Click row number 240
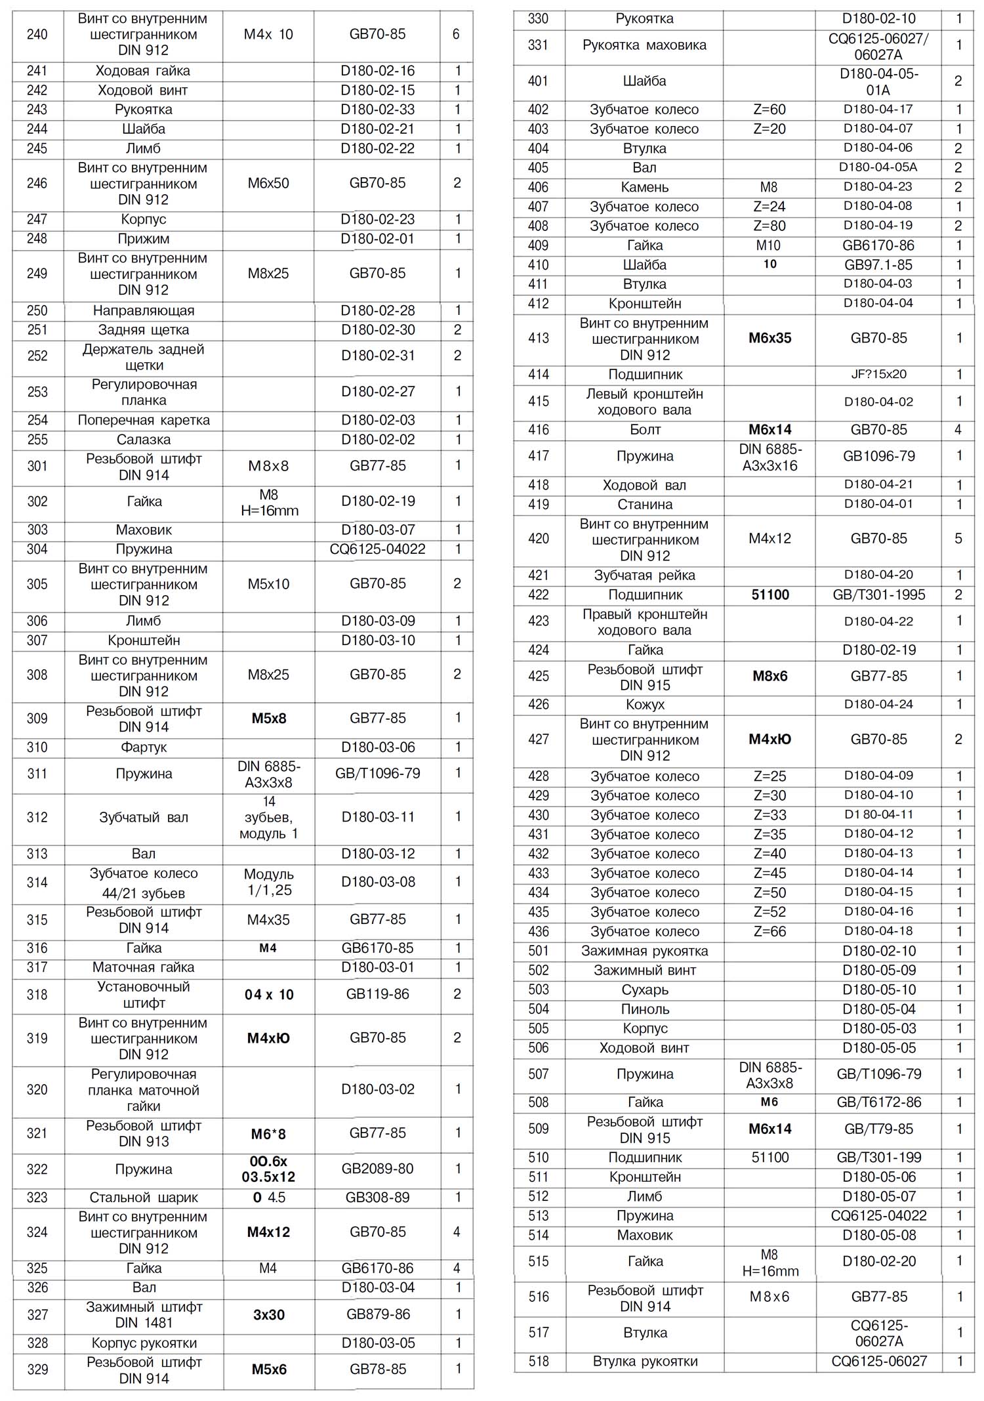click(37, 34)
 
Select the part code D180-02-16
click(377, 71)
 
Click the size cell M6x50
click(268, 183)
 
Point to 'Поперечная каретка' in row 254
click(144, 420)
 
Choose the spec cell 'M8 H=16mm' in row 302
click(269, 502)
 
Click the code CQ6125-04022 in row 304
click(377, 549)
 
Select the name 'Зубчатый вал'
click(144, 818)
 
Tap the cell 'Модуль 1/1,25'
click(269, 882)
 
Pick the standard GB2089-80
click(377, 1169)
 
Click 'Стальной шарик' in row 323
click(144, 1198)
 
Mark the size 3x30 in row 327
click(269, 1314)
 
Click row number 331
click(538, 45)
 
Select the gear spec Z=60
click(769, 110)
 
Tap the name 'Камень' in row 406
click(644, 187)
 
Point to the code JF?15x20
click(878, 374)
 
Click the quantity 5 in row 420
click(958, 539)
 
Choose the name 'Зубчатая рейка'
click(644, 575)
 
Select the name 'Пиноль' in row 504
click(645, 1009)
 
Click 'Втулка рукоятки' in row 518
click(645, 1361)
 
